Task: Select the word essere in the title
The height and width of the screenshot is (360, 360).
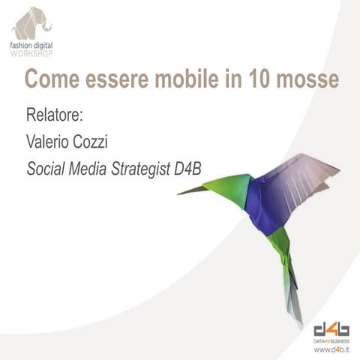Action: point(120,79)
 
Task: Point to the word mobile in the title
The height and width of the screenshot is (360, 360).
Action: point(191,79)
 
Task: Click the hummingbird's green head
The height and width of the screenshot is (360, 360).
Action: point(229,184)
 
